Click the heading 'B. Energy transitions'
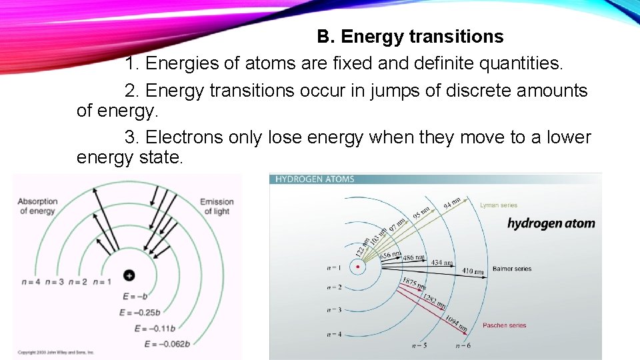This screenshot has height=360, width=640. click(x=410, y=36)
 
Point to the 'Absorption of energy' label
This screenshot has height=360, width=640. click(x=37, y=206)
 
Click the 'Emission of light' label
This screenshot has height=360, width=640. click(x=217, y=206)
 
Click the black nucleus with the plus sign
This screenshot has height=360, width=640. click(x=129, y=275)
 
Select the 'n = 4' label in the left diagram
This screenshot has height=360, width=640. click(x=31, y=282)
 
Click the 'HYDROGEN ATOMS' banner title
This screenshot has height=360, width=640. click(x=315, y=179)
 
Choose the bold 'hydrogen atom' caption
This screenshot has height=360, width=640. click(x=551, y=223)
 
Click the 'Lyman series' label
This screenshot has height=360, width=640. click(x=498, y=205)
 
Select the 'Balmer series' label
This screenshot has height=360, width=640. click(x=511, y=269)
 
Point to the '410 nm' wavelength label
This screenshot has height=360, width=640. click(x=474, y=271)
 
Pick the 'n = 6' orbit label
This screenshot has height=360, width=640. click(x=463, y=346)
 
